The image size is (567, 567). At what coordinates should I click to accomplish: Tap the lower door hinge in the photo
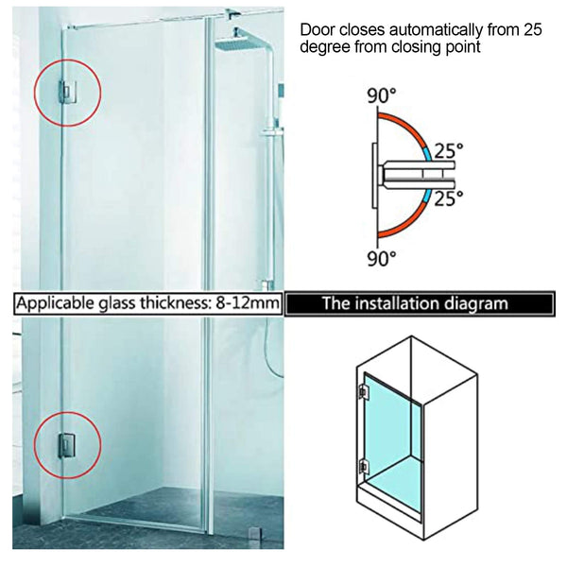coord(68,442)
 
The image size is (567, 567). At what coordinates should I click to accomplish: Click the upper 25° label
coord(448,149)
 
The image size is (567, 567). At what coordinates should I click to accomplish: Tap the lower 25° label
coord(448,198)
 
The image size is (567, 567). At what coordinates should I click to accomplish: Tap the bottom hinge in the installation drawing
coord(362,465)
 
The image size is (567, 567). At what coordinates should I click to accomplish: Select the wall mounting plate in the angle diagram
coord(374,175)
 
